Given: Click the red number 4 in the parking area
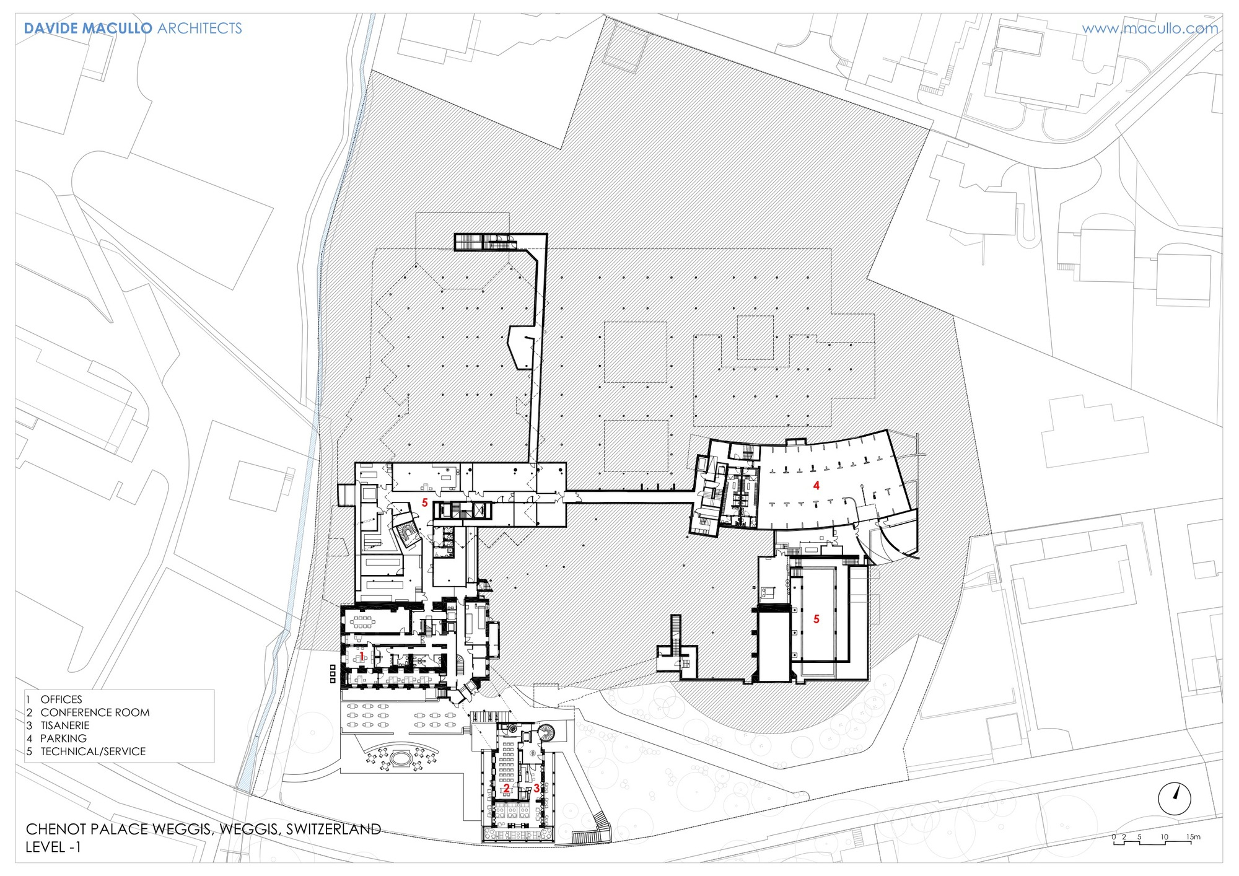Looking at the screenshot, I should pyautogui.click(x=817, y=486).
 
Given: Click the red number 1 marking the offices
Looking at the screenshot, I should pyautogui.click(x=362, y=655).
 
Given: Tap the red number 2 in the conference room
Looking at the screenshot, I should pyautogui.click(x=507, y=789).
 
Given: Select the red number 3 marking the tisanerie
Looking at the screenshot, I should pyautogui.click(x=536, y=789).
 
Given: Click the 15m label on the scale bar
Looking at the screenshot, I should pyautogui.click(x=1193, y=837).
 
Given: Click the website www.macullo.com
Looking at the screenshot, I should pyautogui.click(x=1150, y=28).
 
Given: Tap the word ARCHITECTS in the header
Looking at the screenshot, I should pyautogui.click(x=199, y=28).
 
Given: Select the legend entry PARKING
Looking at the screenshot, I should pyautogui.click(x=63, y=738).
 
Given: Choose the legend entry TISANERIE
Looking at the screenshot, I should pyautogui.click(x=65, y=725).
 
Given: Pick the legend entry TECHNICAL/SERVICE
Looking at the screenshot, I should pyautogui.click(x=93, y=751).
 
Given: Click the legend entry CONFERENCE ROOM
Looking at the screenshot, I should pyautogui.click(x=95, y=712).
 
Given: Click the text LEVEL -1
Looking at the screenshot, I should pyautogui.click(x=53, y=847).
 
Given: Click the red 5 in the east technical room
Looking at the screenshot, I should pyautogui.click(x=817, y=620).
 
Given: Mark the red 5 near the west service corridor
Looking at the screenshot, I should pyautogui.click(x=425, y=502).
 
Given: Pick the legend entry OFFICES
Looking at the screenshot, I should pyautogui.click(x=61, y=699).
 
